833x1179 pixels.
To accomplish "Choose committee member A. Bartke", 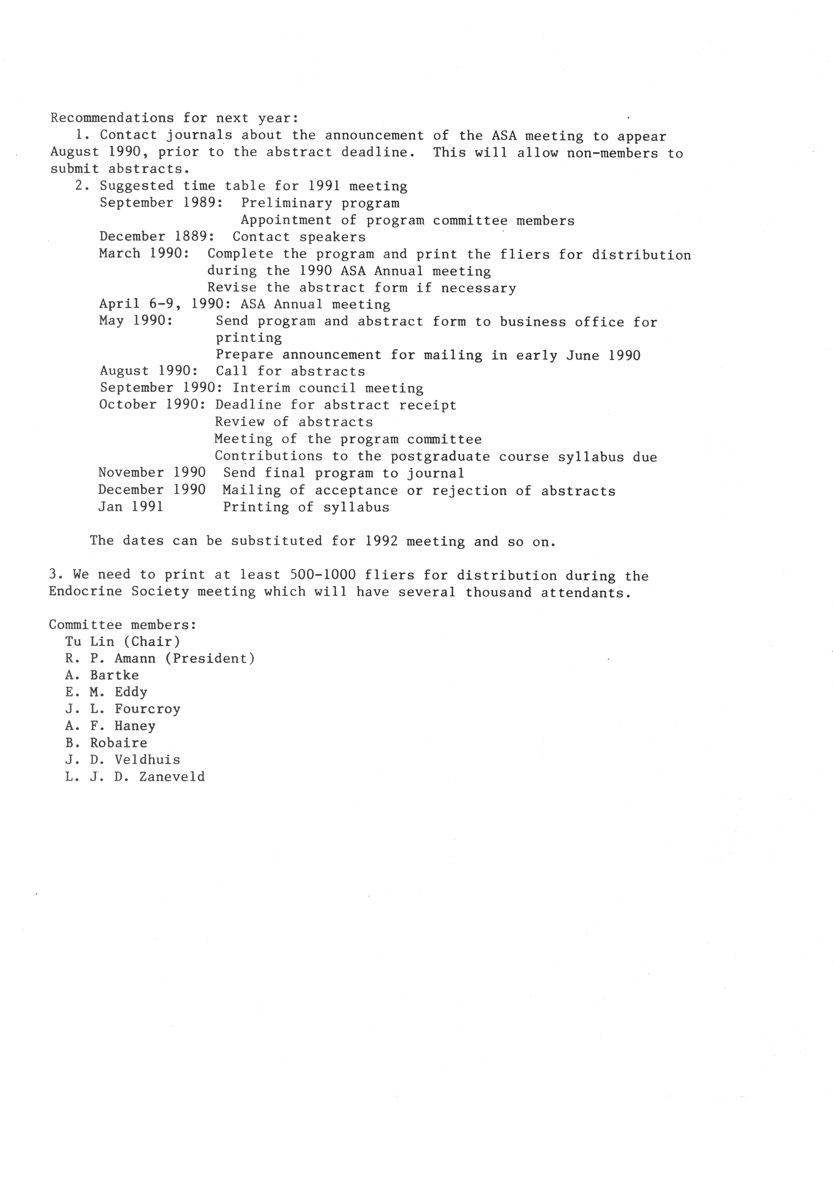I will pos(102,675).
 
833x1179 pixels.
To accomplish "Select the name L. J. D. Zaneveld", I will pos(135,777).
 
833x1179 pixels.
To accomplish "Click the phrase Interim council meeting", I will pos(327,388).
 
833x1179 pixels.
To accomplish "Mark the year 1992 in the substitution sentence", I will pos(381,541).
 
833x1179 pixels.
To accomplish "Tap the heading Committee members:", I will pos(123,625).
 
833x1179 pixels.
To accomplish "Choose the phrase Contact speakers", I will pos(299,237).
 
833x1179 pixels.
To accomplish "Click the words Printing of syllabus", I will pos(306,507).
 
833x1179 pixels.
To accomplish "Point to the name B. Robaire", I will pos(106,743).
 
